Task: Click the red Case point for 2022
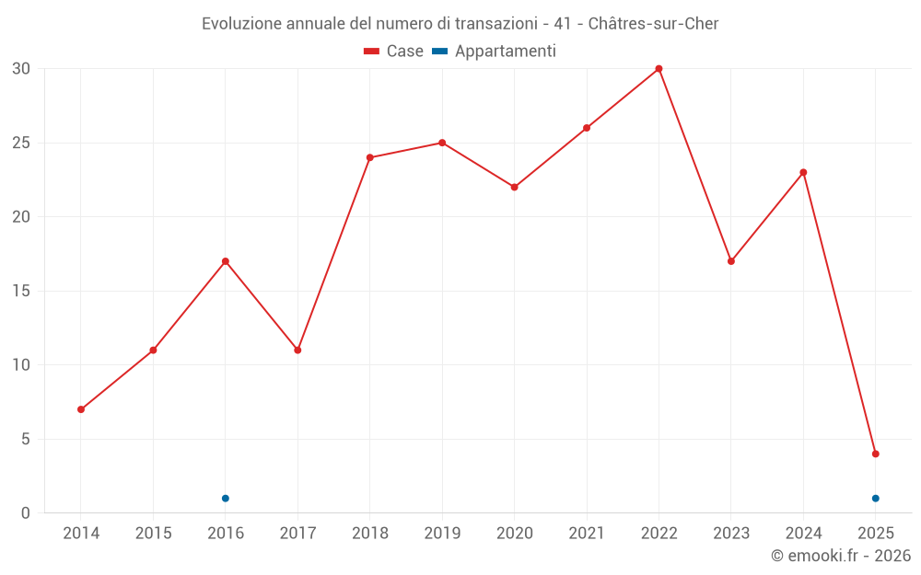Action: (x=659, y=69)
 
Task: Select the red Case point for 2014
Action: (x=81, y=409)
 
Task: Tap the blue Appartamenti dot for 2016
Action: (x=226, y=499)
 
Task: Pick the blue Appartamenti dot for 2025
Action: (x=875, y=499)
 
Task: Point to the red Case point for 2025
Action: (x=875, y=454)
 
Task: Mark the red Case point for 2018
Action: (x=370, y=157)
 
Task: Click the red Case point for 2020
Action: (x=514, y=187)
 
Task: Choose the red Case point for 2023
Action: (x=731, y=261)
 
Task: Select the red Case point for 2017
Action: (x=297, y=351)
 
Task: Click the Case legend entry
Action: (x=393, y=52)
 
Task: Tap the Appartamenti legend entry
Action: (x=495, y=52)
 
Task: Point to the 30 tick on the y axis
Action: (x=21, y=69)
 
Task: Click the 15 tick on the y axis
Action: (x=21, y=292)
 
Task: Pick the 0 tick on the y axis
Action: (x=26, y=513)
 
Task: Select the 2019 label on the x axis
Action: (x=442, y=534)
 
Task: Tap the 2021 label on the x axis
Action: (x=587, y=534)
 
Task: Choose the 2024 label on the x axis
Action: (x=803, y=534)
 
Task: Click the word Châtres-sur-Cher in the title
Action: (x=652, y=23)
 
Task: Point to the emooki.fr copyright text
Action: (x=840, y=556)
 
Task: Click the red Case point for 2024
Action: (x=803, y=172)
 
